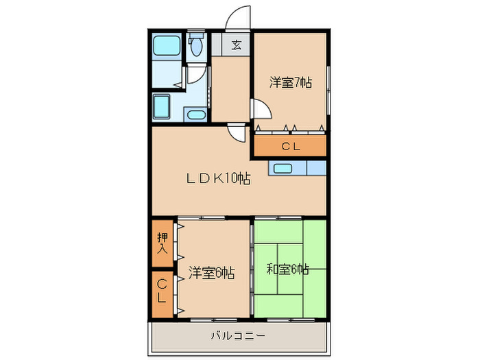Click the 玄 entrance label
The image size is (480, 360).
click(x=236, y=45)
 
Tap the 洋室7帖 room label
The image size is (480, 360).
click(x=290, y=82)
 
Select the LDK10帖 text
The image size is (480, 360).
click(x=218, y=179)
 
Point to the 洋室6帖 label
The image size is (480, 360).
click(x=212, y=273)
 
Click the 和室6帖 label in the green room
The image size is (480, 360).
click(x=287, y=269)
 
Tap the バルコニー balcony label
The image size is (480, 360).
click(x=237, y=336)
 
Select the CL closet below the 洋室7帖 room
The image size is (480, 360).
click(x=290, y=146)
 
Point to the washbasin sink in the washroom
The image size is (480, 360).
click(x=196, y=115)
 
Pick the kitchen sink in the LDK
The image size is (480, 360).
click(x=282, y=168)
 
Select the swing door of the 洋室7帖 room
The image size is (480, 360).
click(x=261, y=110)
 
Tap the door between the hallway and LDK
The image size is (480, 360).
click(x=237, y=132)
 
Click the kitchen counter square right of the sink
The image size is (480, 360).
click(x=316, y=168)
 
